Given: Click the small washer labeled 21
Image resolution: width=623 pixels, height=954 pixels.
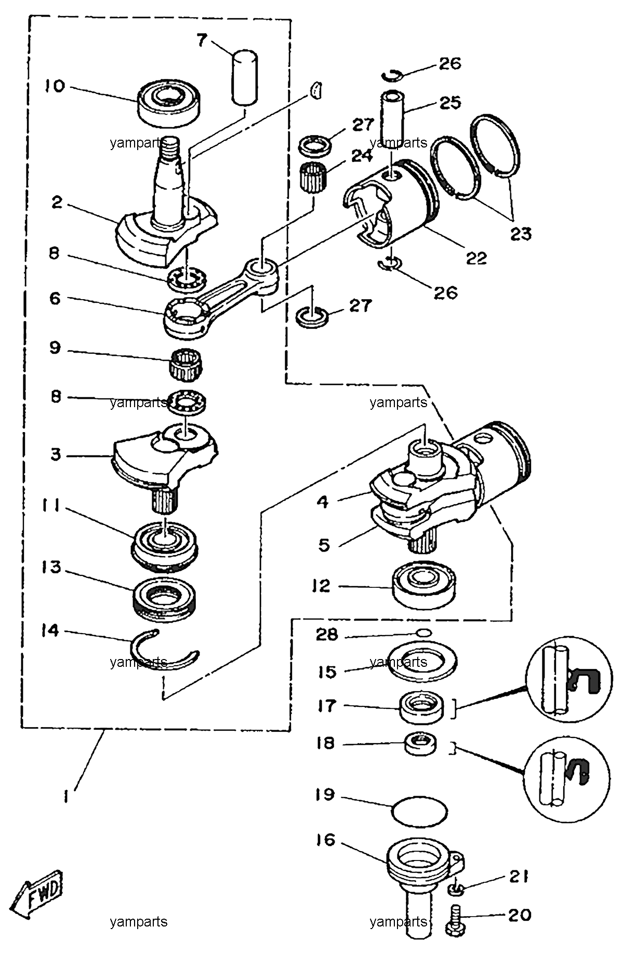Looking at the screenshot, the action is tap(456, 891).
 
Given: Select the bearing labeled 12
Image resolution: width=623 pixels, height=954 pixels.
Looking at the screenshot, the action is tap(423, 587).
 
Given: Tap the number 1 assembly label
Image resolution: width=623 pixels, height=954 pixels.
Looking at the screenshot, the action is tap(67, 797).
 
